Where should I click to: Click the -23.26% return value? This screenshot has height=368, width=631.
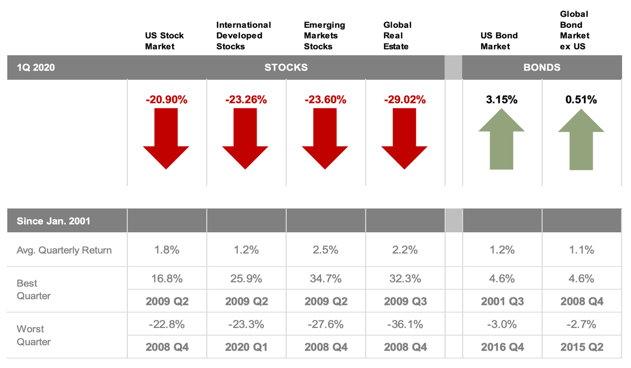coord(246,99)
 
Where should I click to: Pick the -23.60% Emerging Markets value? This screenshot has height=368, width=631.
coord(325,99)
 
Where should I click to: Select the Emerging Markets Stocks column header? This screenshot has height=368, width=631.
coord(324,36)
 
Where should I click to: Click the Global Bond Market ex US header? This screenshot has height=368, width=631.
coord(574,30)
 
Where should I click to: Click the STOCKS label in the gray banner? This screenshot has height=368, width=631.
coord(286,67)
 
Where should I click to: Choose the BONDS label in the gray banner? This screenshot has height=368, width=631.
coord(542,67)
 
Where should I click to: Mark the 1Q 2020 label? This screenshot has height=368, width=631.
coord(36,67)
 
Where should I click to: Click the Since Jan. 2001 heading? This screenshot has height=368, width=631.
coord(53,221)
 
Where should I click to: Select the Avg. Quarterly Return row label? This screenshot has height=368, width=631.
coord(64,250)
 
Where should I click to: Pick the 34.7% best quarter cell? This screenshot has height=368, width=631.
coord(325,279)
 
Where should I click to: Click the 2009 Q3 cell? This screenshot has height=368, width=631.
coord(404,301)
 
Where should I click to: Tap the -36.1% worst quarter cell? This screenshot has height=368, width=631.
coord(404,324)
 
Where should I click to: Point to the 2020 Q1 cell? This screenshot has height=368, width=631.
coord(246,347)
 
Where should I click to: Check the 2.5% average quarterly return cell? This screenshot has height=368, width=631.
coord(325,250)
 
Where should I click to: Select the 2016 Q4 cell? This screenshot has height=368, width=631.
coord(502,347)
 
